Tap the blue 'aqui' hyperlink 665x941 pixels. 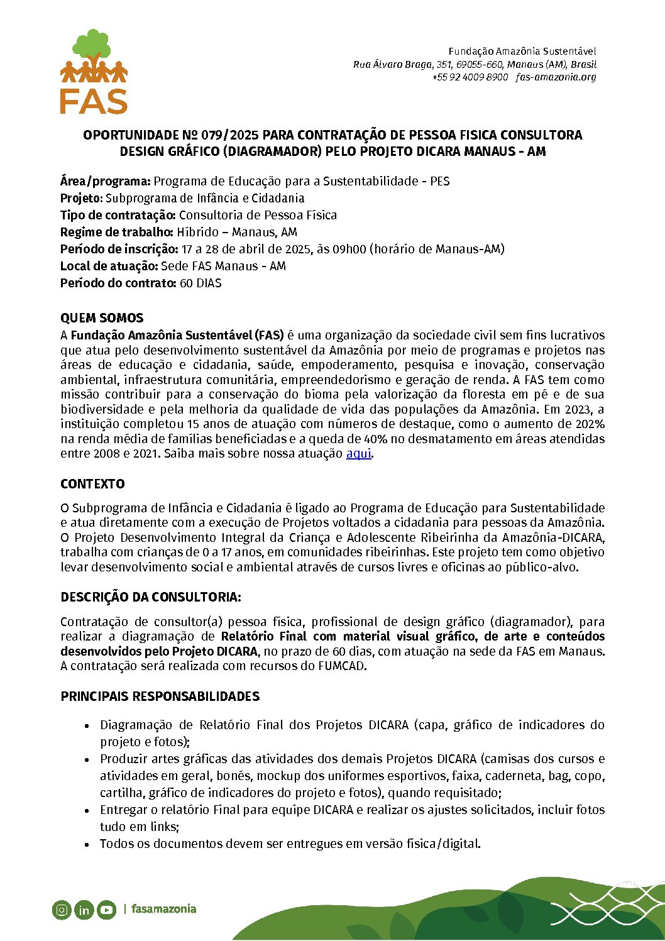(x=358, y=453)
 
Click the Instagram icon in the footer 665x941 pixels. (x=62, y=909)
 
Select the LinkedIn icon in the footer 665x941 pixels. (x=84, y=909)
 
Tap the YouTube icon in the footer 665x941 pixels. (x=106, y=909)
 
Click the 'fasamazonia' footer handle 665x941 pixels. (x=163, y=909)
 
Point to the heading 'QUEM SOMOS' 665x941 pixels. (x=102, y=318)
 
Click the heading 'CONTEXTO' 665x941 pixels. (x=92, y=484)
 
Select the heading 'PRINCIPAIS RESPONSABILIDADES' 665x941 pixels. (x=160, y=696)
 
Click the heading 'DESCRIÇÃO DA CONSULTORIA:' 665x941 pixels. (x=150, y=597)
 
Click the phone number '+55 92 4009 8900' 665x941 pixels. (x=470, y=77)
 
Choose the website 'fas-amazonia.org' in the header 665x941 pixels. (x=556, y=77)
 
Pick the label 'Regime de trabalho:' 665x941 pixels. (x=116, y=232)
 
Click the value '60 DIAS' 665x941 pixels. (x=201, y=283)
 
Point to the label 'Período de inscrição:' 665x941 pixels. (x=119, y=249)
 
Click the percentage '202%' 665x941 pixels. (x=591, y=424)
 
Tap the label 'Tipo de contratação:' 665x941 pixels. (x=118, y=215)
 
